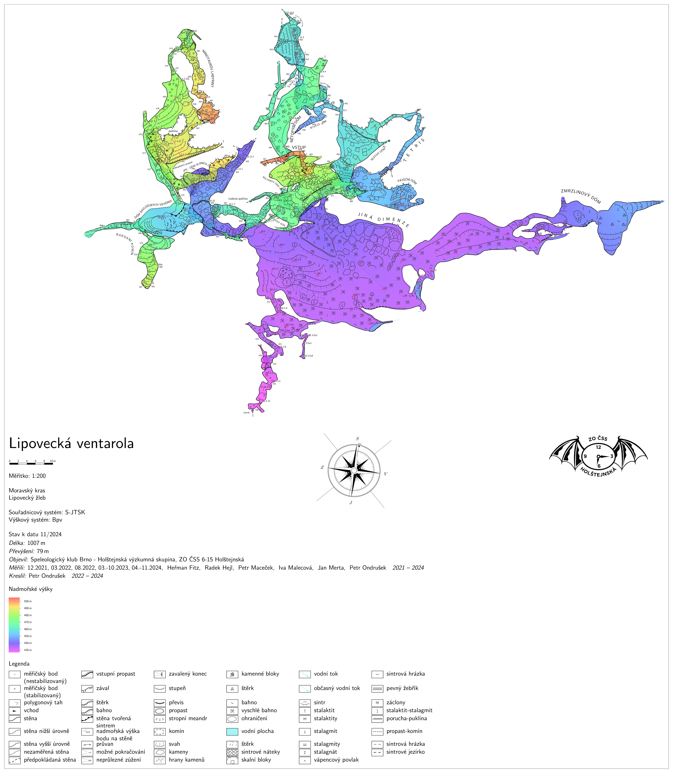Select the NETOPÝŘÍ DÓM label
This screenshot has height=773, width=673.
point(296,129)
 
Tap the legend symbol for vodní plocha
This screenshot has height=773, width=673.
point(232,731)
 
